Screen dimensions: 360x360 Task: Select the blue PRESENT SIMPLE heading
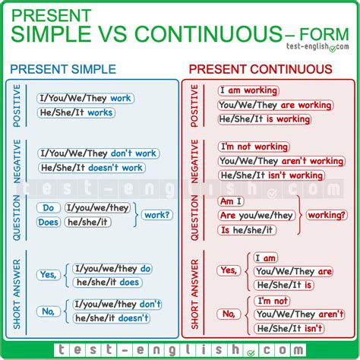65,69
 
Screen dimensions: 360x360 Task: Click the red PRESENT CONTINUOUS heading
261,69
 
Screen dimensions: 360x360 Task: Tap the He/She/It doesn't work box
91,168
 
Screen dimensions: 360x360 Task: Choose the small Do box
49,207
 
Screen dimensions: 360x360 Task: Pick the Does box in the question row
48,222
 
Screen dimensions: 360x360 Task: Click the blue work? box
157,215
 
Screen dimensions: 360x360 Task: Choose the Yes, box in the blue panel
49,276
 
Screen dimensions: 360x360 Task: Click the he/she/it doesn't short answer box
112,318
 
